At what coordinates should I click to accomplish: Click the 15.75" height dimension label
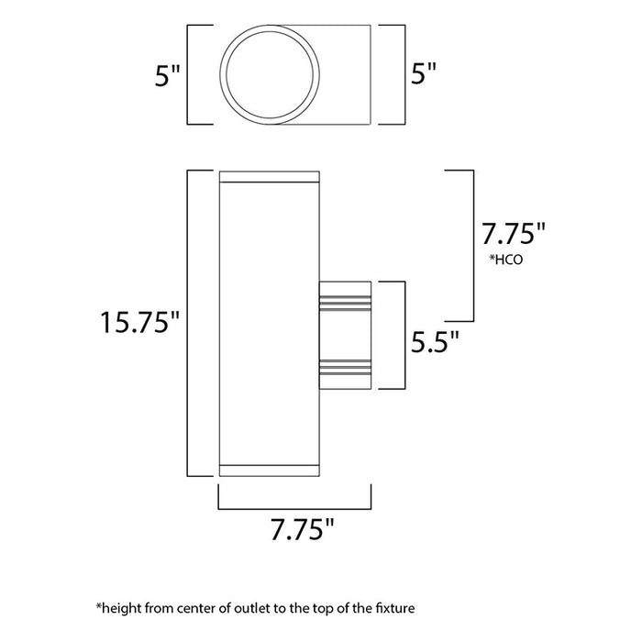(x=140, y=323)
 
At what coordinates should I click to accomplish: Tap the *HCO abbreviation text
(x=506, y=260)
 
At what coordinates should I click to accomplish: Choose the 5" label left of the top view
(x=165, y=75)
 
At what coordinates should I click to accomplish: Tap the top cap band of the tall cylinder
(x=268, y=176)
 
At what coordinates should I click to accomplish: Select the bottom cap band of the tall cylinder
(x=268, y=470)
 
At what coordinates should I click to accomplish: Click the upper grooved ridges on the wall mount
(x=345, y=300)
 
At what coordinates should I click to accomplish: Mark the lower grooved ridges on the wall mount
(x=345, y=368)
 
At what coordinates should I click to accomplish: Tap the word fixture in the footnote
(x=400, y=608)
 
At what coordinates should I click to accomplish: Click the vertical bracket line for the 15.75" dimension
(x=188, y=323)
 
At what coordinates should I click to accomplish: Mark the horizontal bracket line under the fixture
(x=294, y=507)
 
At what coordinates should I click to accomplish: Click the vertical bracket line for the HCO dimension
(x=473, y=245)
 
